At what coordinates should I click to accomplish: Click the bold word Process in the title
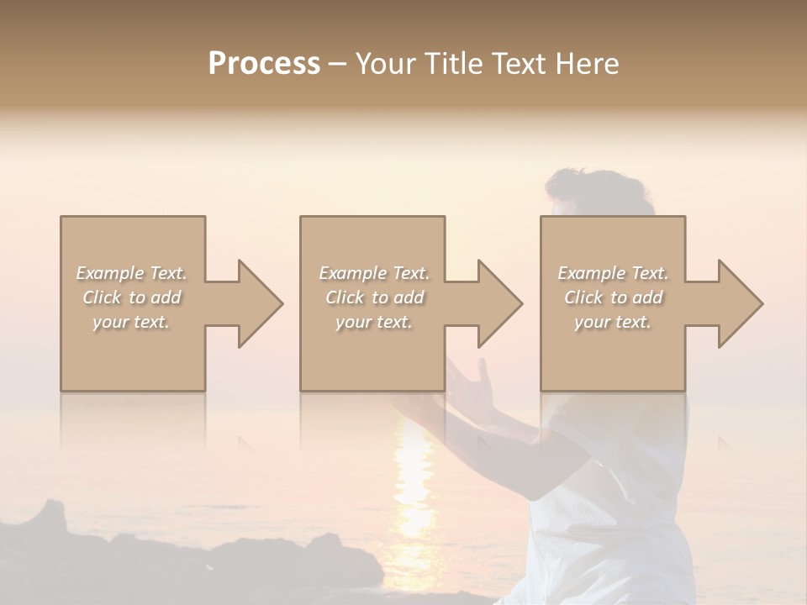tap(264, 64)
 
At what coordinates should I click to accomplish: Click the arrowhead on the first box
tap(253, 303)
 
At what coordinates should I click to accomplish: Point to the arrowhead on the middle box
tap(493, 303)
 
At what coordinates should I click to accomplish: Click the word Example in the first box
tap(110, 273)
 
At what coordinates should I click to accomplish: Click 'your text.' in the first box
tap(131, 322)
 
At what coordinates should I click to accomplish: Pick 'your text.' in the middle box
tap(373, 322)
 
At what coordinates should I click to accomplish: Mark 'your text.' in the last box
tap(612, 322)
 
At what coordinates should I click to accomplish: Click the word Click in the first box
tap(103, 297)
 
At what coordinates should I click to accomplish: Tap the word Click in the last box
tap(584, 297)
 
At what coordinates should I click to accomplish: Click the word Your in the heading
tap(386, 64)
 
